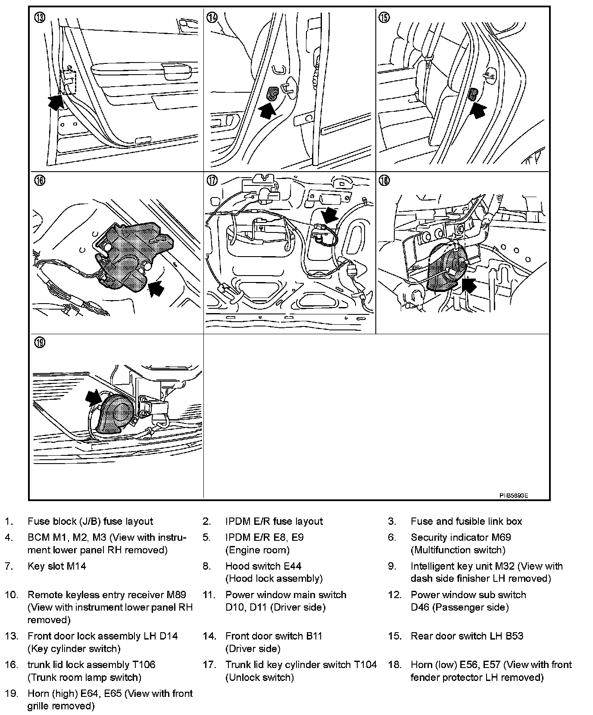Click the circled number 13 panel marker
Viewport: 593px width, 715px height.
(x=40, y=18)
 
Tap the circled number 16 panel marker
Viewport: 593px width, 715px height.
(x=40, y=181)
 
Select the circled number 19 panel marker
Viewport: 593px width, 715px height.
(x=40, y=343)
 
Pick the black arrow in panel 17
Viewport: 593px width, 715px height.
(x=331, y=214)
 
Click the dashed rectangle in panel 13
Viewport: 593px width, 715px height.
(x=68, y=82)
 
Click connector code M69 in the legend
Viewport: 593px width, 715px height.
(x=501, y=537)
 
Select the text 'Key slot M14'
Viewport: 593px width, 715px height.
(x=57, y=566)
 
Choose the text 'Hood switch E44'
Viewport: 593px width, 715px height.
(x=263, y=566)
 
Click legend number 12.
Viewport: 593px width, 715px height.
(x=394, y=595)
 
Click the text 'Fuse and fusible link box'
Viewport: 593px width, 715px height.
(x=466, y=521)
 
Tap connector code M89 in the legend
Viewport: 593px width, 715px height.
(x=176, y=595)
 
